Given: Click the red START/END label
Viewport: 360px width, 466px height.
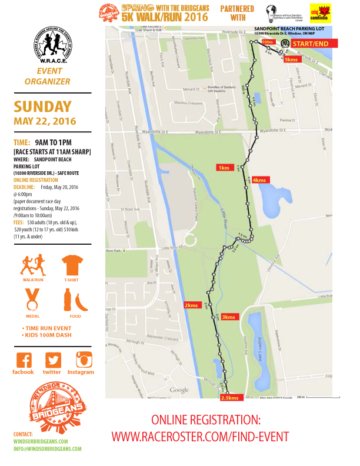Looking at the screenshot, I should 315,44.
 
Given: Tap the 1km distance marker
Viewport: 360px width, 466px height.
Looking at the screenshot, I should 224,168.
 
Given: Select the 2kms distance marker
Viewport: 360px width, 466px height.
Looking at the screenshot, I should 191,305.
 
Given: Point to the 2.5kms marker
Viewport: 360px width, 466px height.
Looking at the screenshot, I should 229,398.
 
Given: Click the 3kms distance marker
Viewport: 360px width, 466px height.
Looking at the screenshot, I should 229,317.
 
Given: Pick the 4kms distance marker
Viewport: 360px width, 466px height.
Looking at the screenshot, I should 259,179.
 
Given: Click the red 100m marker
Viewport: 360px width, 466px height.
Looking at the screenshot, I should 268,42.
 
